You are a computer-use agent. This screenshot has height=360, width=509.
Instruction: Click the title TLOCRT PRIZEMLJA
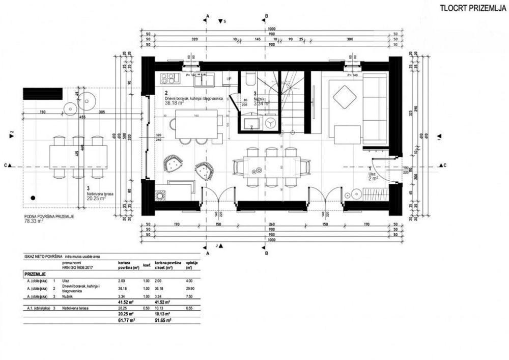click(472, 8)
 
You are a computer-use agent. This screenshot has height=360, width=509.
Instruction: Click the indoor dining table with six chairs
click(271, 167)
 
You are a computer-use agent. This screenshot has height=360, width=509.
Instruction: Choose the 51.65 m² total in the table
click(163, 321)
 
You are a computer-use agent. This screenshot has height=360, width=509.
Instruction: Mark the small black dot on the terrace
click(33, 197)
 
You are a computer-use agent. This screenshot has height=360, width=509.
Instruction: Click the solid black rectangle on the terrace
click(43, 94)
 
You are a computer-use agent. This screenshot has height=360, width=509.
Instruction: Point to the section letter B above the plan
click(265, 16)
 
